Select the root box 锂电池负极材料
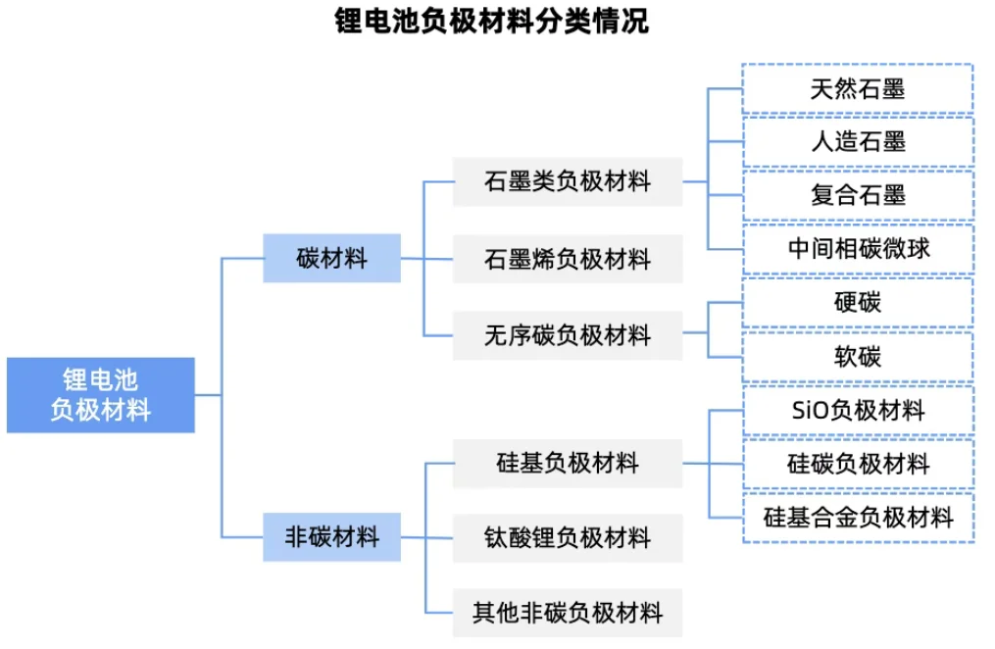tap(101, 395)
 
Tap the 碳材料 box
tap(331, 259)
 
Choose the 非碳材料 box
tap(331, 537)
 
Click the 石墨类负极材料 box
tap(567, 181)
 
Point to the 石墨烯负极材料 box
tap(567, 260)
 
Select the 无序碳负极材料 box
tap(567, 336)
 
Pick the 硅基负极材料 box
tap(567, 463)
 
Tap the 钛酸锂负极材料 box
tap(567, 538)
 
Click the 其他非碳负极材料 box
tap(567, 614)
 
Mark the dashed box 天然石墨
tap(858, 90)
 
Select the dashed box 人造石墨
tap(858, 142)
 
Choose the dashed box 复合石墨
tap(858, 195)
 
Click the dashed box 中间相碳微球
tap(858, 248)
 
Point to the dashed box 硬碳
tap(858, 302)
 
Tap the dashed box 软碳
tap(858, 356)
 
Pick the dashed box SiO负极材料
tap(858, 410)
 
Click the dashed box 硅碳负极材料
tap(858, 464)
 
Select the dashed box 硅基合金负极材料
tap(858, 517)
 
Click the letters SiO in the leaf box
tap(810, 410)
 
